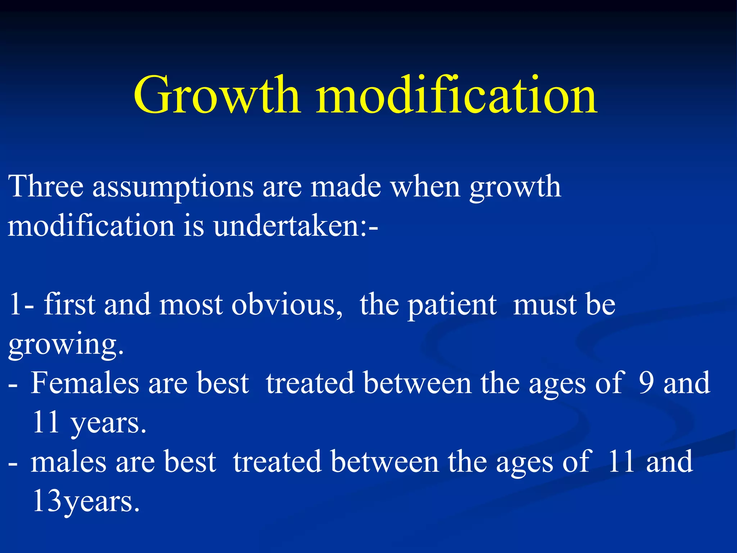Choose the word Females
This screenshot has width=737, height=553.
click(x=85, y=383)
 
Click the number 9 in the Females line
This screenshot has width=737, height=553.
click(x=646, y=383)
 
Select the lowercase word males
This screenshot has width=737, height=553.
click(x=68, y=462)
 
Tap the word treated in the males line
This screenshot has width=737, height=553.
click(x=277, y=462)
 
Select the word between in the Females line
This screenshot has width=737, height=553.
click(x=417, y=383)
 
